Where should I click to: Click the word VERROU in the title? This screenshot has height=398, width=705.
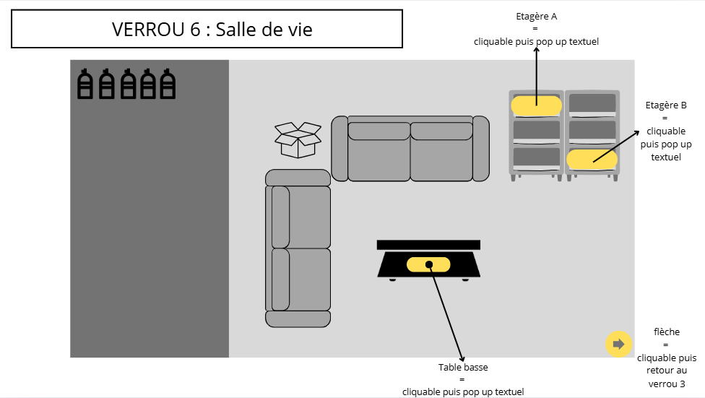[148, 30]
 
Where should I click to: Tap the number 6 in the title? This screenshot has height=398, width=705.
[195, 30]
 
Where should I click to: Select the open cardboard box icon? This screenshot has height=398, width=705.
[298, 140]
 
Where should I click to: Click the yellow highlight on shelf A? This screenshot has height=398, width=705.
[537, 105]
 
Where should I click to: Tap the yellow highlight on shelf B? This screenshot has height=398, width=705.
[592, 160]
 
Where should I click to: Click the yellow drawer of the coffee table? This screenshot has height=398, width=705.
[428, 264]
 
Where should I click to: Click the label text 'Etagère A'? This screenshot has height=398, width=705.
[537, 16]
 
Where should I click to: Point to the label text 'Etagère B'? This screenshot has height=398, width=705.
[666, 105]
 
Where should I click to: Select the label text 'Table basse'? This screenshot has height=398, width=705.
[463, 367]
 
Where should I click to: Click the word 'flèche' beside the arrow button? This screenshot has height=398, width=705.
[667, 332]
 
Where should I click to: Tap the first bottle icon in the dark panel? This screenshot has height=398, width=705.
[85, 84]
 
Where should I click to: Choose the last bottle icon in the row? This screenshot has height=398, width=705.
[168, 84]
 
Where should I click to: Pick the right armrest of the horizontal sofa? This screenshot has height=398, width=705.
[480, 148]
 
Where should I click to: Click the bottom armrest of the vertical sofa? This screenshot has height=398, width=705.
[298, 319]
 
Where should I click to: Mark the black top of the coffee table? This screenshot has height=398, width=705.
[428, 245]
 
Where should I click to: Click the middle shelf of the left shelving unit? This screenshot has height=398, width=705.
[537, 131]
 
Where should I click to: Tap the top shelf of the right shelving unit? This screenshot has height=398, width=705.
[592, 103]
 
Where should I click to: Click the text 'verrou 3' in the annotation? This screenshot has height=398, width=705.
[667, 384]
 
